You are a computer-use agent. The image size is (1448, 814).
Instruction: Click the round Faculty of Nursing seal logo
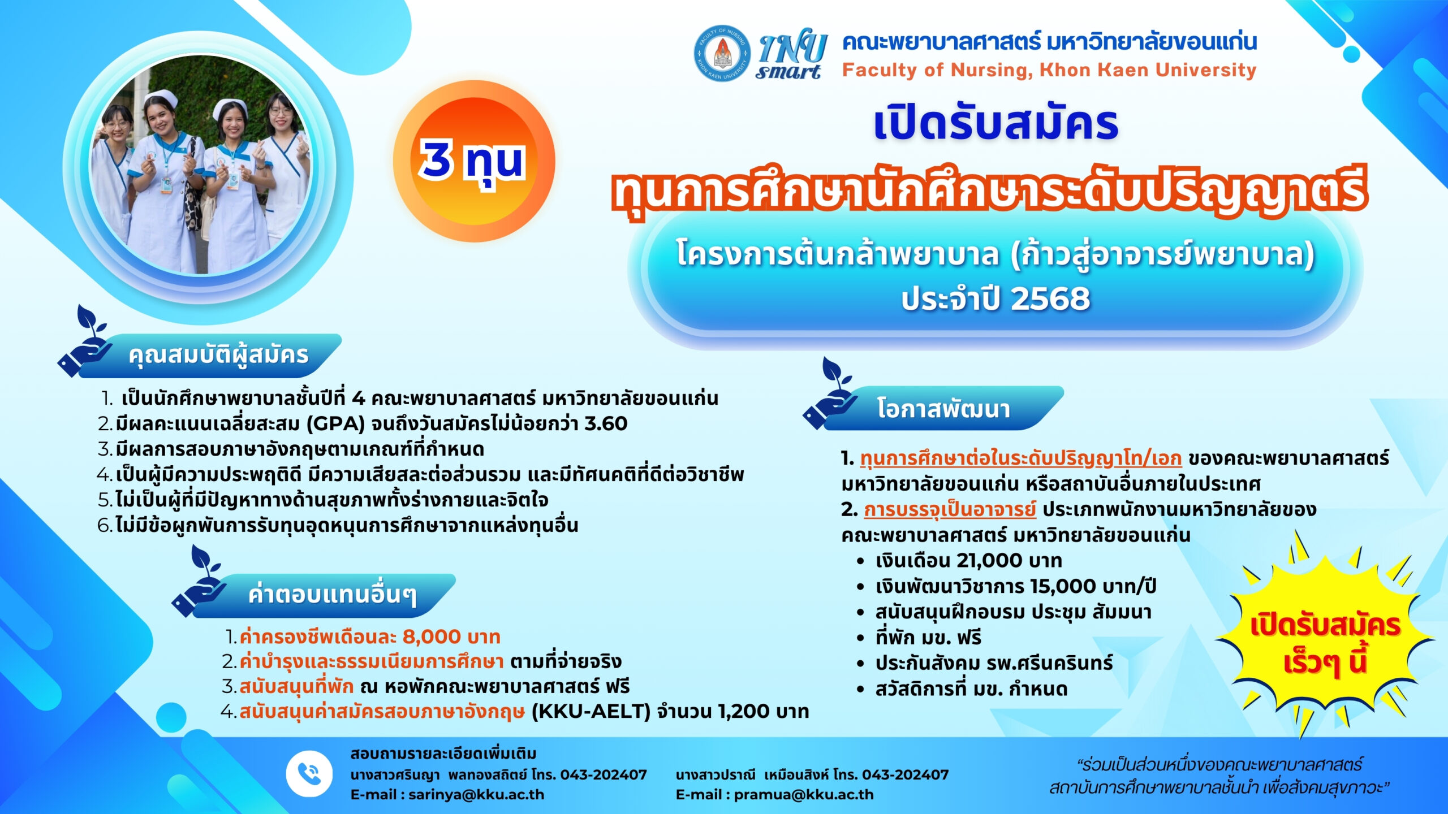pyautogui.click(x=722, y=53)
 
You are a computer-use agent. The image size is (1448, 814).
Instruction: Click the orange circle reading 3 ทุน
pyautogui.click(x=474, y=161)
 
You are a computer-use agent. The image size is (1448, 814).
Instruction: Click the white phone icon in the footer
pyautogui.click(x=309, y=773)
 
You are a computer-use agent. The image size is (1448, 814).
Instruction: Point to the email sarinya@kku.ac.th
pyautogui.click(x=476, y=794)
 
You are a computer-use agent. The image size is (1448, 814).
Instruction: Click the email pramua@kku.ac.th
pyautogui.click(x=804, y=794)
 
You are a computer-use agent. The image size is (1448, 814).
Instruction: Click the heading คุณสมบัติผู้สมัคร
pyautogui.click(x=218, y=355)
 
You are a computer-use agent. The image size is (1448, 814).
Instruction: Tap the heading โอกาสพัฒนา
pyautogui.click(x=943, y=408)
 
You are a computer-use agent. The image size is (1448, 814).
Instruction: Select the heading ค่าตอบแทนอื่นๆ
pyautogui.click(x=332, y=595)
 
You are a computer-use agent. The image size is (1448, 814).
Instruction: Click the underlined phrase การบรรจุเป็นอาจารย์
pyautogui.click(x=950, y=510)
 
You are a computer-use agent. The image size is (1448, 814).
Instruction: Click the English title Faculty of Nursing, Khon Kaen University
pyautogui.click(x=1049, y=70)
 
